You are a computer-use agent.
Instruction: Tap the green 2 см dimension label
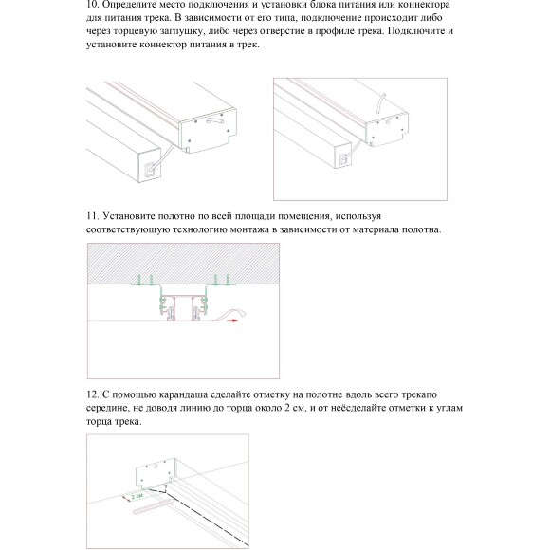[x=137, y=496]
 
